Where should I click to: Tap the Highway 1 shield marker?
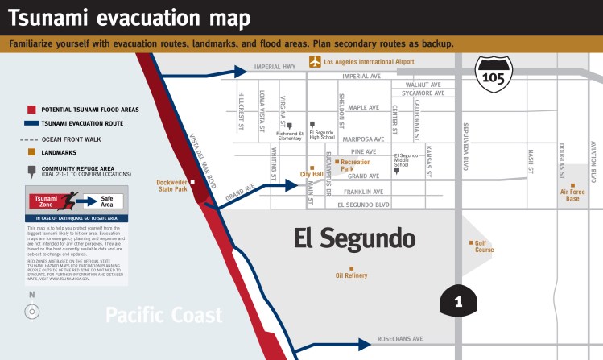click(458, 301)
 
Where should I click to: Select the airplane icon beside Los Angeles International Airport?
click(316, 61)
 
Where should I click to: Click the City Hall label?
click(312, 174)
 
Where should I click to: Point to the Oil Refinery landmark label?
click(351, 275)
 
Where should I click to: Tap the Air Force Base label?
click(572, 194)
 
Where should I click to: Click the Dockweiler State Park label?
click(172, 185)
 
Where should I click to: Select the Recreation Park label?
click(356, 166)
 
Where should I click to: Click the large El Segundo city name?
click(354, 238)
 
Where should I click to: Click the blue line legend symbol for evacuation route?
click(32, 124)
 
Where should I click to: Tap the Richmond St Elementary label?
click(290, 137)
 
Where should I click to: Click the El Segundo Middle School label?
click(407, 159)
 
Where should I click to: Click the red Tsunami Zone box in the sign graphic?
click(46, 201)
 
